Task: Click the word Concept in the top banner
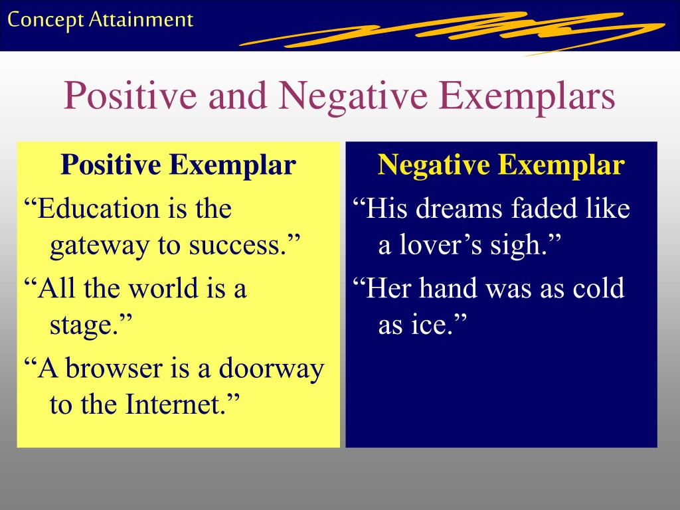45,20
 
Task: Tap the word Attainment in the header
141,19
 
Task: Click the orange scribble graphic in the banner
452,32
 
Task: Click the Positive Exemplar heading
178,165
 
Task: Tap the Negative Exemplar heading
501,165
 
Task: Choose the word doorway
272,369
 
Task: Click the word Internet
175,404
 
